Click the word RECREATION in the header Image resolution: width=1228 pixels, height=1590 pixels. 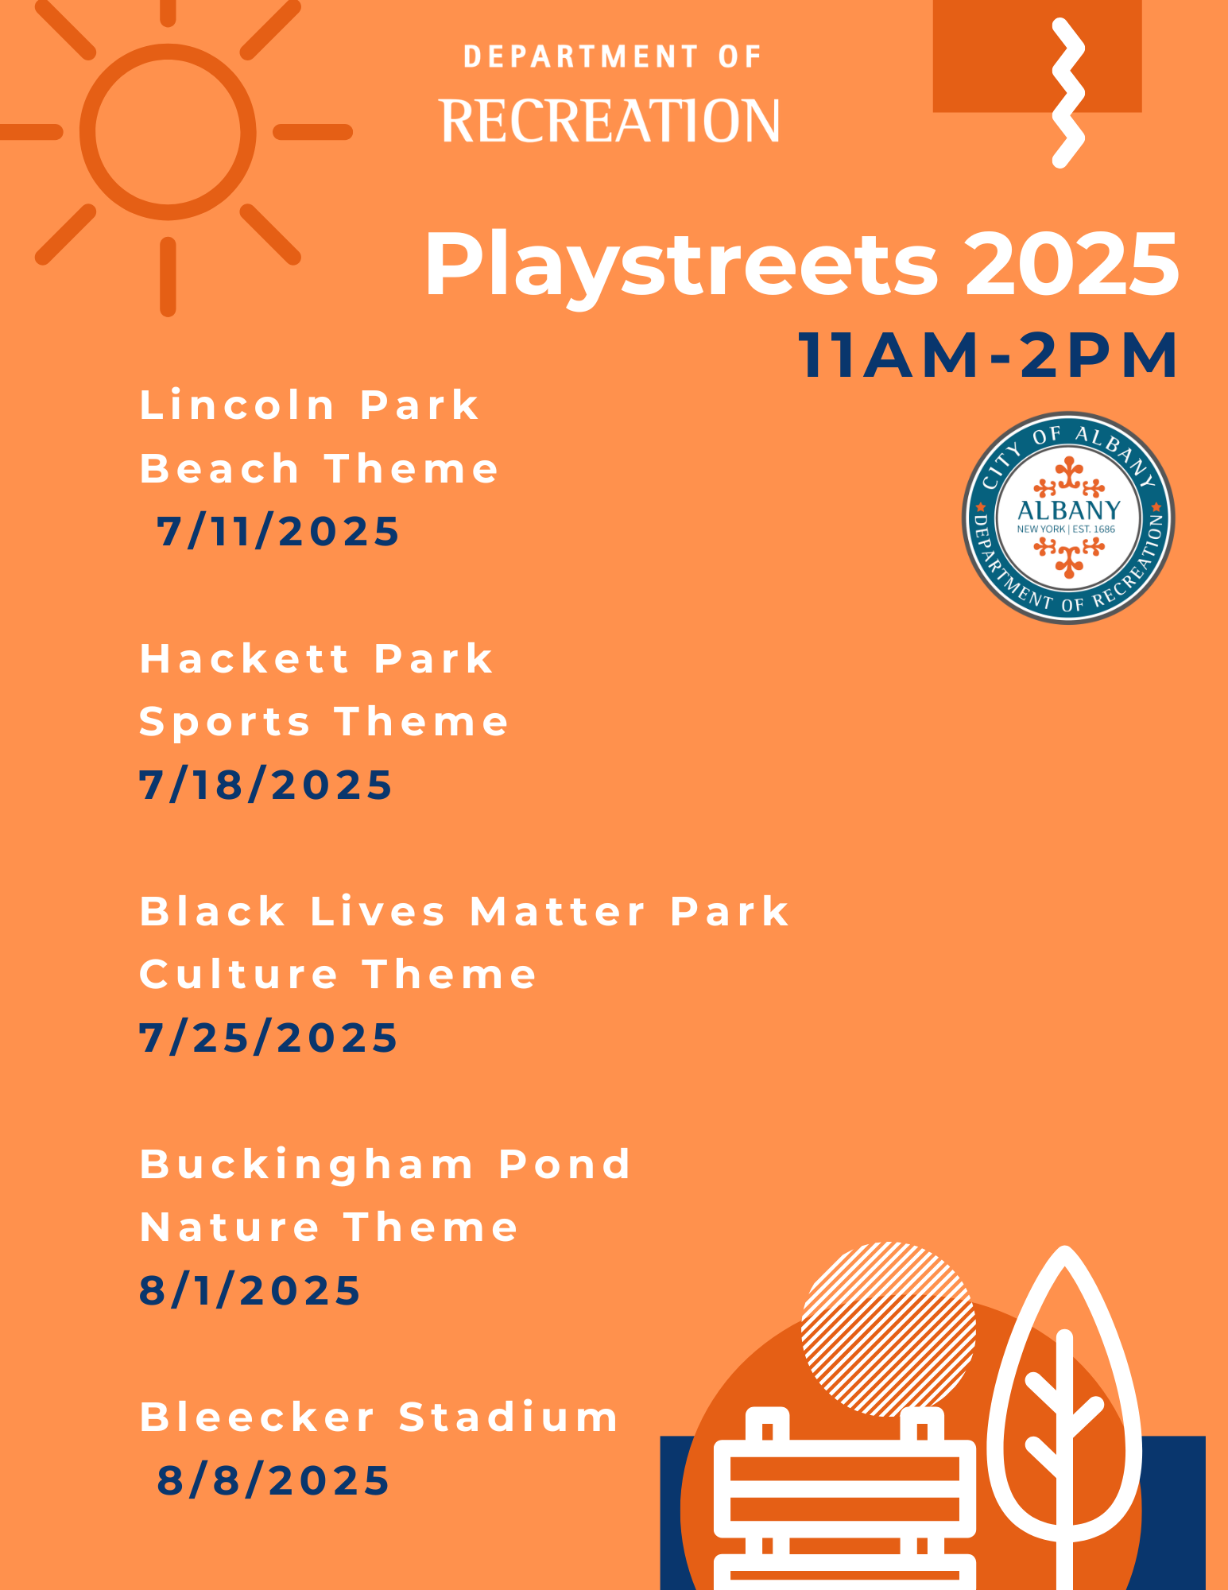tap(610, 121)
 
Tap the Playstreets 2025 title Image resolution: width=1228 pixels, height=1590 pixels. tap(801, 264)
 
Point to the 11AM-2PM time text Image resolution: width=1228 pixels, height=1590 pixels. tap(988, 355)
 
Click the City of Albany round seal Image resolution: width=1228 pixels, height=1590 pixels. tap(1068, 518)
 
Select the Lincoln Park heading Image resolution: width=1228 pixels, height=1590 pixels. tap(309, 405)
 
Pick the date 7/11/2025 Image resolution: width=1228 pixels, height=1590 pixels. tap(278, 531)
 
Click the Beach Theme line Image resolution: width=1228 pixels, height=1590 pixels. tap(319, 468)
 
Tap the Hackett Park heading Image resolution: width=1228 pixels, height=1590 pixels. tap(316, 658)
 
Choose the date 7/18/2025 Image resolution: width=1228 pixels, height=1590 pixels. tap(265, 785)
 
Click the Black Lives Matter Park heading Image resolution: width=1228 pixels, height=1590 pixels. tap(464, 911)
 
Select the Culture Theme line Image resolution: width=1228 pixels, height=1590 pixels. tap(338, 975)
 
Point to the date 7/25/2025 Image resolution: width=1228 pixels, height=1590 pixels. tap(269, 1037)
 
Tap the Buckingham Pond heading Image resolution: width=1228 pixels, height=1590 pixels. tap(385, 1165)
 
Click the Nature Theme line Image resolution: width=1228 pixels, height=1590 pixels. tap(329, 1227)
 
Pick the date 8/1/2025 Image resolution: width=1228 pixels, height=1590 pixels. tap(250, 1290)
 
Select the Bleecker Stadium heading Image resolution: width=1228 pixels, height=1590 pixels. tap(379, 1417)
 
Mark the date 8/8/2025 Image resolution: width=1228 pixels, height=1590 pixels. tap(273, 1480)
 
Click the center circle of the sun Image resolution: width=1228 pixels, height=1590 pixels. tap(168, 132)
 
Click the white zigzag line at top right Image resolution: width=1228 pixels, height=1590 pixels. tap(1067, 93)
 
